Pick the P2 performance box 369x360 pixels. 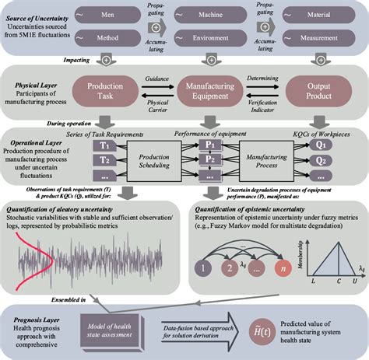[x=209, y=159]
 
